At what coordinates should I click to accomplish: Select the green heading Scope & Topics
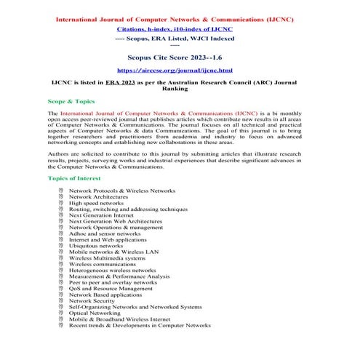72,102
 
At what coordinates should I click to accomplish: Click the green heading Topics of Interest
77,177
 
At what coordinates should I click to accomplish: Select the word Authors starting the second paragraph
60,155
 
